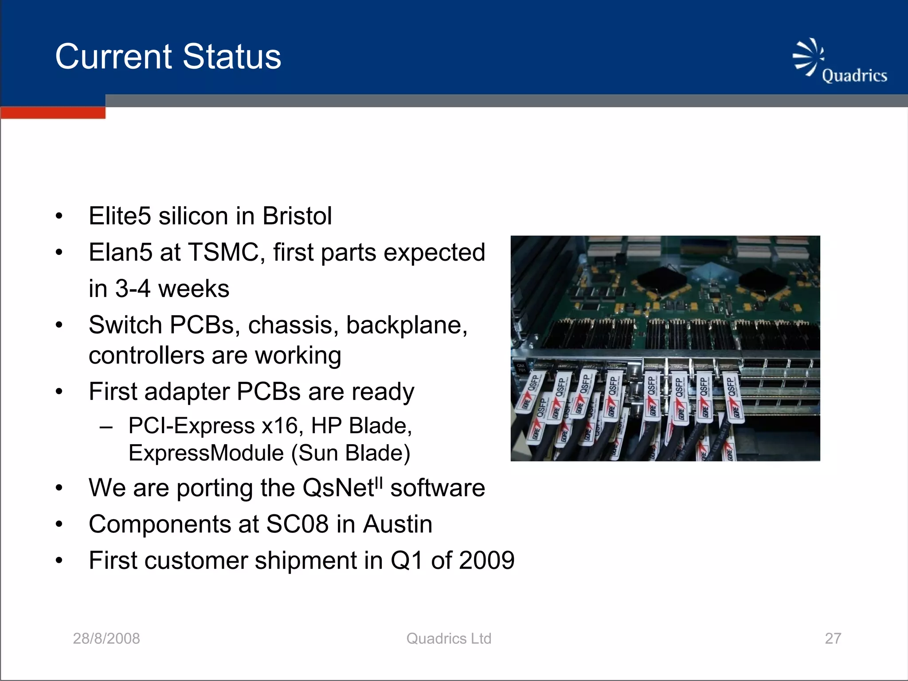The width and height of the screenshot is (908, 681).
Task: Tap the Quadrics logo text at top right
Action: click(x=854, y=75)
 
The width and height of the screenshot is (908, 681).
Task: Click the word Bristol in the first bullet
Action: click(x=297, y=216)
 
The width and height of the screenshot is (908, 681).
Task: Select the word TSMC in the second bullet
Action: click(x=223, y=252)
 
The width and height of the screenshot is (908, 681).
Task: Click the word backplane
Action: click(x=407, y=325)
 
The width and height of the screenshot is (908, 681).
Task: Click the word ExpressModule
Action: click(x=206, y=453)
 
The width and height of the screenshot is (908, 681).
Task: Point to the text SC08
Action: click(x=297, y=524)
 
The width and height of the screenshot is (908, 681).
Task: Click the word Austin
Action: click(x=397, y=524)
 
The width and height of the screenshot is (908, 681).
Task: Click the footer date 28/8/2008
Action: click(x=106, y=638)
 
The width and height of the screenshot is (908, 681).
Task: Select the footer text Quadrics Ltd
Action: click(x=449, y=638)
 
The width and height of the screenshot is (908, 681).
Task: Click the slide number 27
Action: click(x=833, y=638)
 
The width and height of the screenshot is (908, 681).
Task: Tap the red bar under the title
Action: click(x=53, y=113)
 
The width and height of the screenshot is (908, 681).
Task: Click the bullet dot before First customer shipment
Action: click(x=59, y=560)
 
